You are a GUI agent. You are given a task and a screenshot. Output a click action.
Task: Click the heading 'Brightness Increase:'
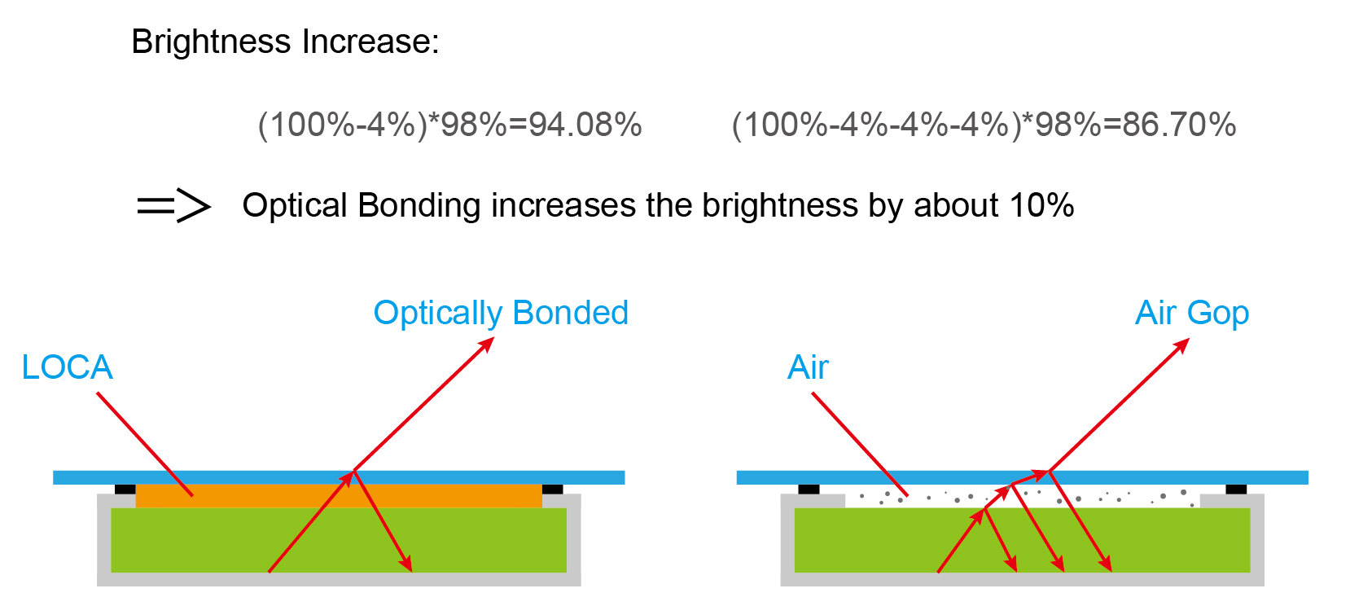pyautogui.click(x=285, y=42)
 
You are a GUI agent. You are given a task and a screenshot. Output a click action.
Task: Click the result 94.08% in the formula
pyautogui.click(x=585, y=125)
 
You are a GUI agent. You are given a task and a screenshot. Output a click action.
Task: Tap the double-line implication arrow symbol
pyautogui.click(x=174, y=205)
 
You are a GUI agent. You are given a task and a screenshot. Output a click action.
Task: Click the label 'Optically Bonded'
pyautogui.click(x=501, y=314)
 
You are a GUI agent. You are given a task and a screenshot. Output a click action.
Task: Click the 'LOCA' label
pyautogui.click(x=67, y=367)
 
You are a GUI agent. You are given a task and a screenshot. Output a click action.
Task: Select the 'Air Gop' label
pyautogui.click(x=1192, y=314)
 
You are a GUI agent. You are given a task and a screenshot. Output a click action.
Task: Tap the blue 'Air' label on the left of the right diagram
pyautogui.click(x=809, y=367)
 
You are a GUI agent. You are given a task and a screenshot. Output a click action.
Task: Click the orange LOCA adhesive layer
pyautogui.click(x=339, y=496)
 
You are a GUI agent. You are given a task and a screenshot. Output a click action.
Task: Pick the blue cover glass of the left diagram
pyautogui.click(x=339, y=477)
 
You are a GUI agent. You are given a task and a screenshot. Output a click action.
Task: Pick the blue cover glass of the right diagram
pyautogui.click(x=1022, y=477)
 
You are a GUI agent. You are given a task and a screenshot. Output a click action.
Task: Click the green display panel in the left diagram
pyautogui.click(x=339, y=540)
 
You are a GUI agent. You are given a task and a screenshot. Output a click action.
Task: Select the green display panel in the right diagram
pyautogui.click(x=1022, y=540)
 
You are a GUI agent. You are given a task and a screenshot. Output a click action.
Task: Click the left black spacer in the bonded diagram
pyautogui.click(x=125, y=489)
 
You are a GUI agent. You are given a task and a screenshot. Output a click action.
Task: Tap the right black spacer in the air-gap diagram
pyautogui.click(x=1237, y=489)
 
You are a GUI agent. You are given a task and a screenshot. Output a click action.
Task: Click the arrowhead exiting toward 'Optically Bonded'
pyautogui.click(x=487, y=344)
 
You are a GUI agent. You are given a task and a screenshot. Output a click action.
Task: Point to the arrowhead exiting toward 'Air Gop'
pyautogui.click(x=1181, y=345)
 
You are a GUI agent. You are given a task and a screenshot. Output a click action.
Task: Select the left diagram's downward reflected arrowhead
pyautogui.click(x=407, y=564)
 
